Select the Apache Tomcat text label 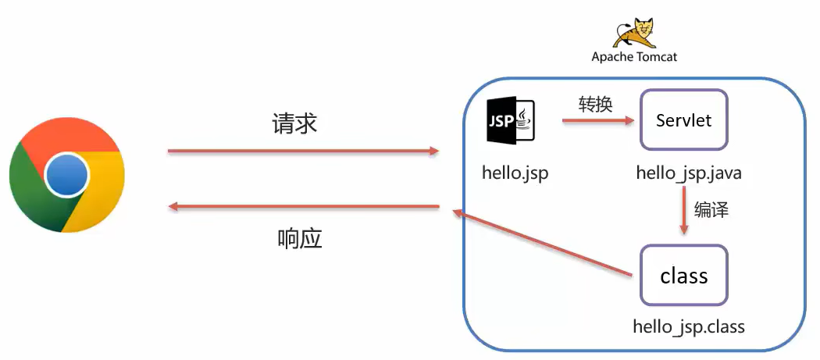pyautogui.click(x=634, y=57)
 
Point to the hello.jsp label pyautogui.click(x=515, y=173)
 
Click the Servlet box pyautogui.click(x=683, y=120)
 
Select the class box pyautogui.click(x=683, y=276)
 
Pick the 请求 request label pyautogui.click(x=294, y=123)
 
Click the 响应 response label pyautogui.click(x=300, y=238)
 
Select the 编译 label pyautogui.click(x=711, y=209)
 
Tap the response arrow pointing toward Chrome pyautogui.click(x=305, y=207)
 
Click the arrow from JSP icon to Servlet pyautogui.click(x=597, y=121)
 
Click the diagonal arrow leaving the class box pyautogui.click(x=542, y=243)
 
